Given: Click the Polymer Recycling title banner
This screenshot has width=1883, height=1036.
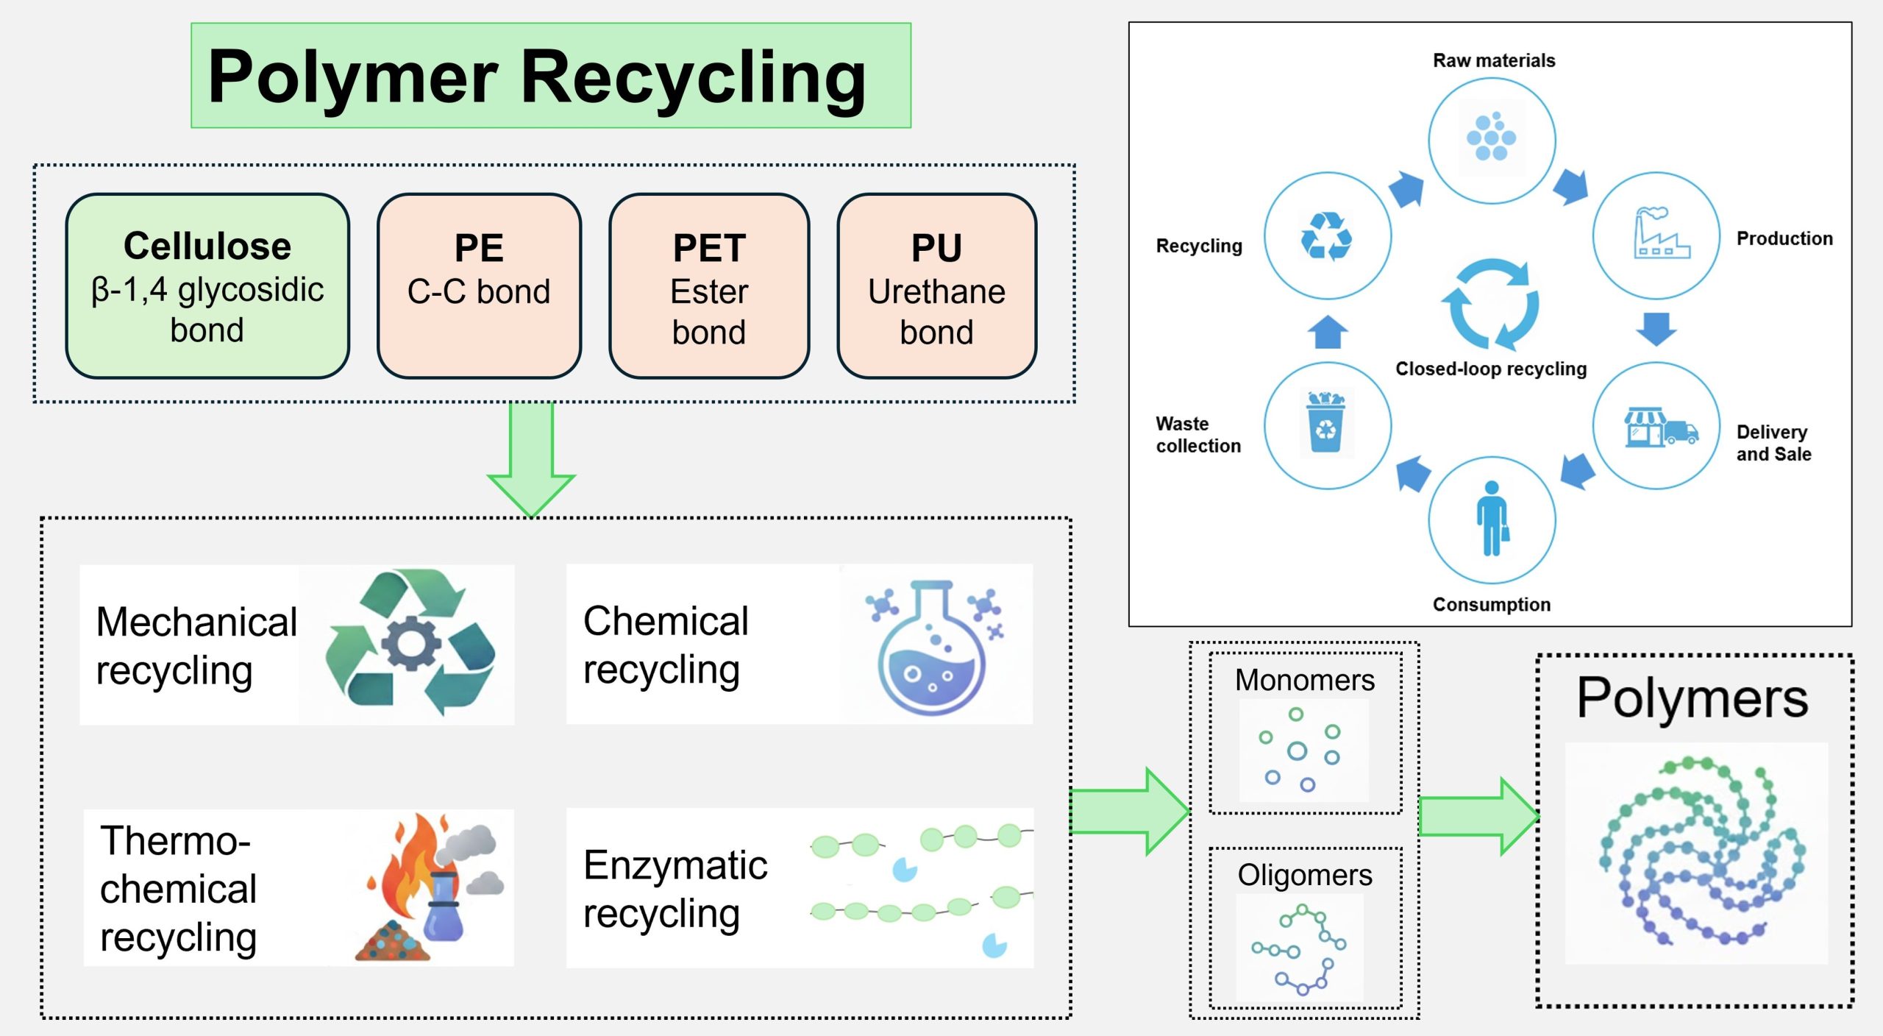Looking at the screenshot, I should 550,76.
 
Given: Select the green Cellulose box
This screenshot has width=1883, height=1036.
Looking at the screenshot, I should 207,286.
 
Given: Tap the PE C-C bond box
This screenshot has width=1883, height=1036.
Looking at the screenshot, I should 479,286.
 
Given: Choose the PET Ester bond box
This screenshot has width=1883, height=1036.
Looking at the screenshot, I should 709,286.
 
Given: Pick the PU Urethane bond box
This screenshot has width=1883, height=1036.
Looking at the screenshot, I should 936,286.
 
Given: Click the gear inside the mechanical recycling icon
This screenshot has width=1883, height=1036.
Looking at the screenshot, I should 410,644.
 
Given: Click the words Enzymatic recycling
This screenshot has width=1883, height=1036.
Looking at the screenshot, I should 674,889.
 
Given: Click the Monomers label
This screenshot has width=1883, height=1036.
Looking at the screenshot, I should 1304,680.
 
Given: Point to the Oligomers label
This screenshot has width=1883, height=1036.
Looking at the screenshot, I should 1304,875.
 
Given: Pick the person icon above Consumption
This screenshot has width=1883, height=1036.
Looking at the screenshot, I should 1492,519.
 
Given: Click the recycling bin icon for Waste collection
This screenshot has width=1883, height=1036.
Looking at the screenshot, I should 1326,425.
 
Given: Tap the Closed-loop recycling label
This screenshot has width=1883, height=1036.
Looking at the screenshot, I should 1491,369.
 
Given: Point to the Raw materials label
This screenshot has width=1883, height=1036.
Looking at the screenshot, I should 1494,60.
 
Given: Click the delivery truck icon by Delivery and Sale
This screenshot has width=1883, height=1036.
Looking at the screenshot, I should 1681,430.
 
